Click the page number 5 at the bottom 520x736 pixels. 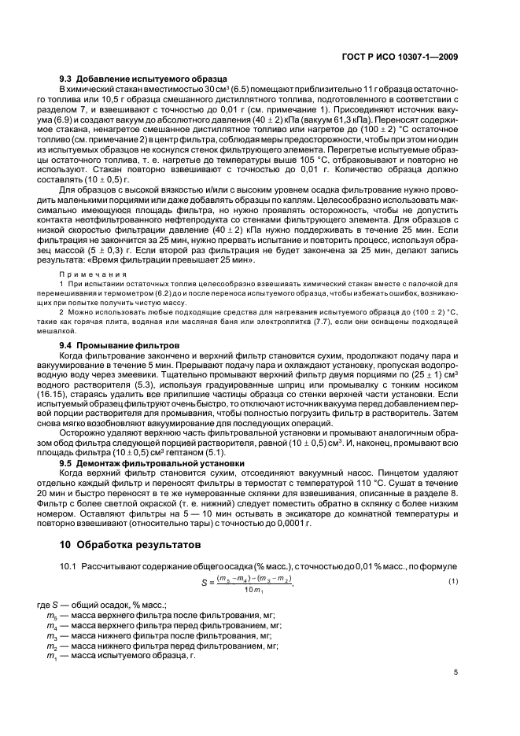(x=455, y=672)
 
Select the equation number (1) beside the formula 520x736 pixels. (x=452, y=581)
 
